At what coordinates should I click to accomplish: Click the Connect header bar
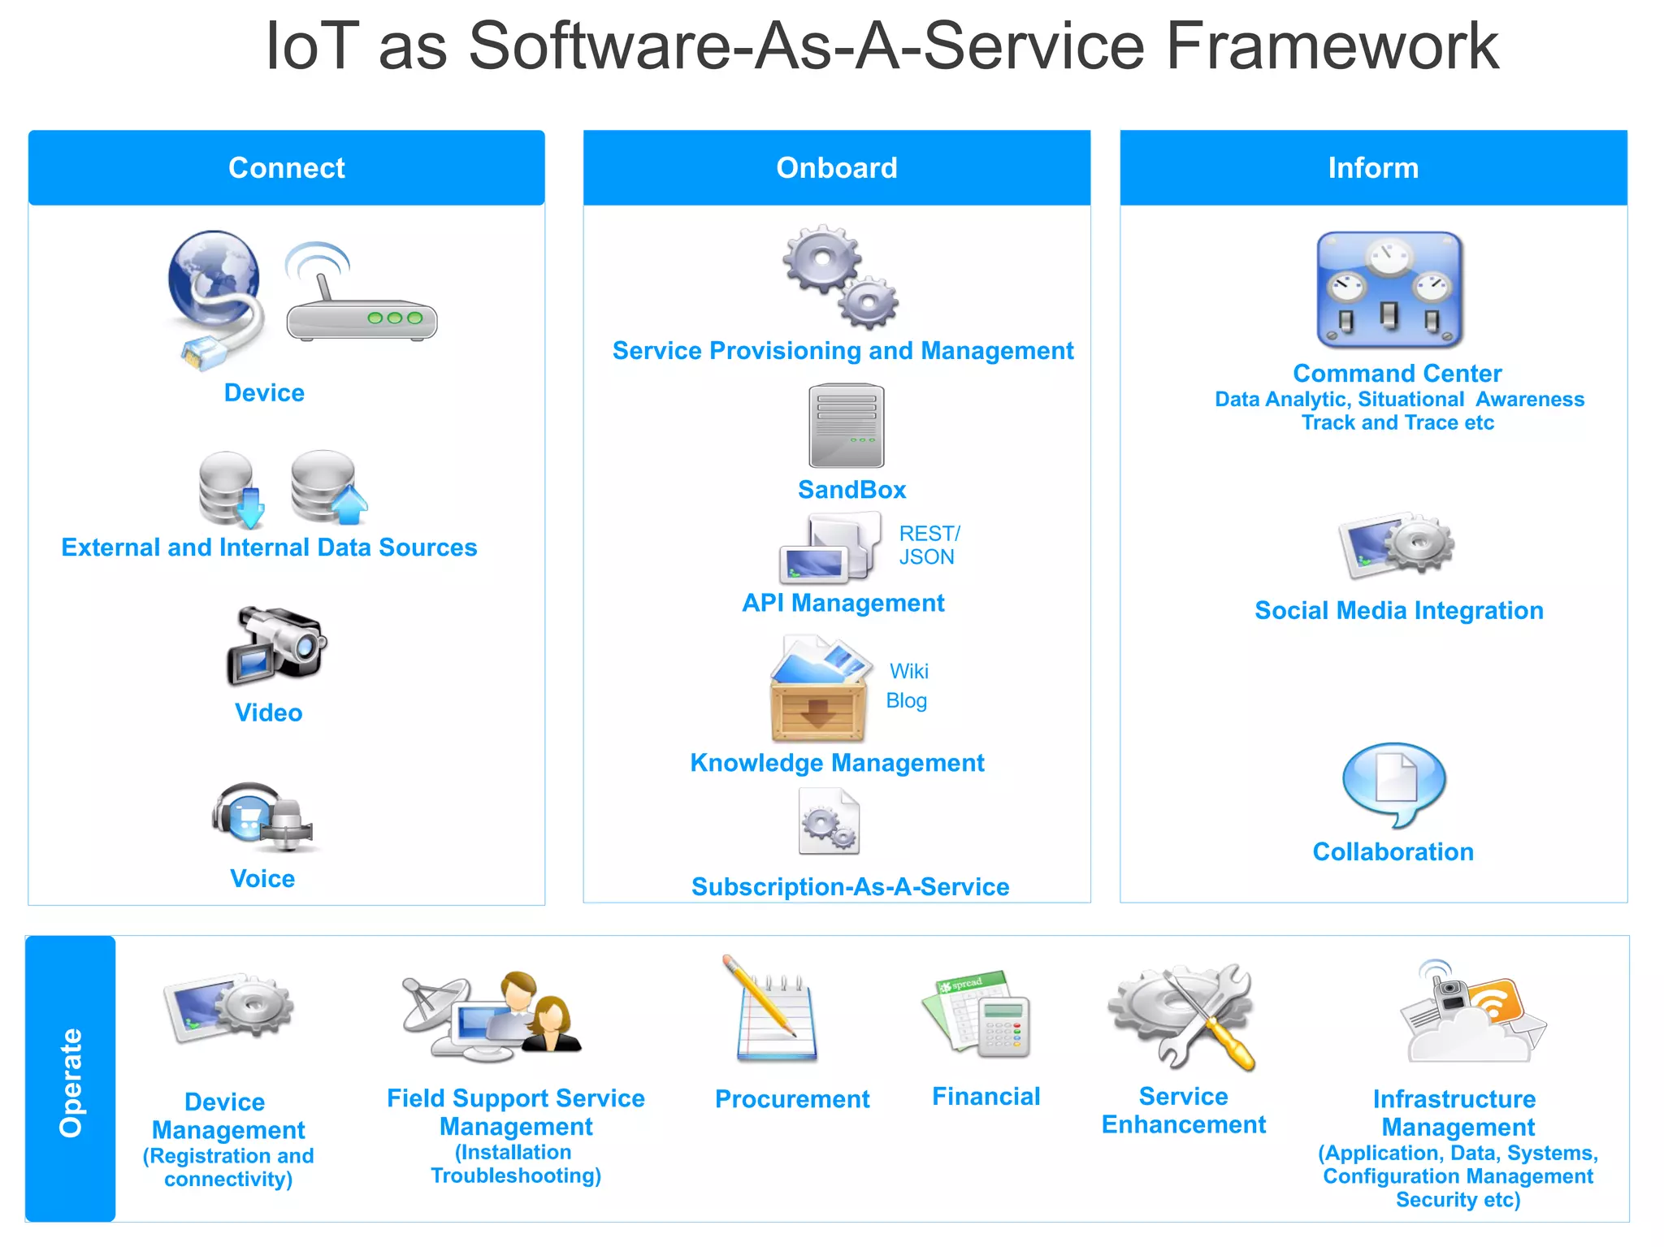tap(286, 168)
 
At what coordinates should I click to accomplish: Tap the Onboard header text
tap(836, 168)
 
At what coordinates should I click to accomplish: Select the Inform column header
tap(1372, 168)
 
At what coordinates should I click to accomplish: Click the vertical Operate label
tap(71, 1081)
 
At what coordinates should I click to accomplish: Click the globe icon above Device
tap(214, 276)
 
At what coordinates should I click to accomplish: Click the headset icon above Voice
tap(262, 816)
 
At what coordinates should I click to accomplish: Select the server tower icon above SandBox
tap(846, 426)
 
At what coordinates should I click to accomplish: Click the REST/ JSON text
tap(929, 545)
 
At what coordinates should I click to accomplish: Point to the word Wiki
tap(908, 671)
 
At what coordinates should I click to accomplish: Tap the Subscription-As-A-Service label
tap(850, 886)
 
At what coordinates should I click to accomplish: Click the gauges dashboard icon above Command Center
tap(1389, 290)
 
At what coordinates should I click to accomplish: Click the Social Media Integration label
tap(1398, 610)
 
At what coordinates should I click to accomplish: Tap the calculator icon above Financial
tap(1003, 1027)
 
